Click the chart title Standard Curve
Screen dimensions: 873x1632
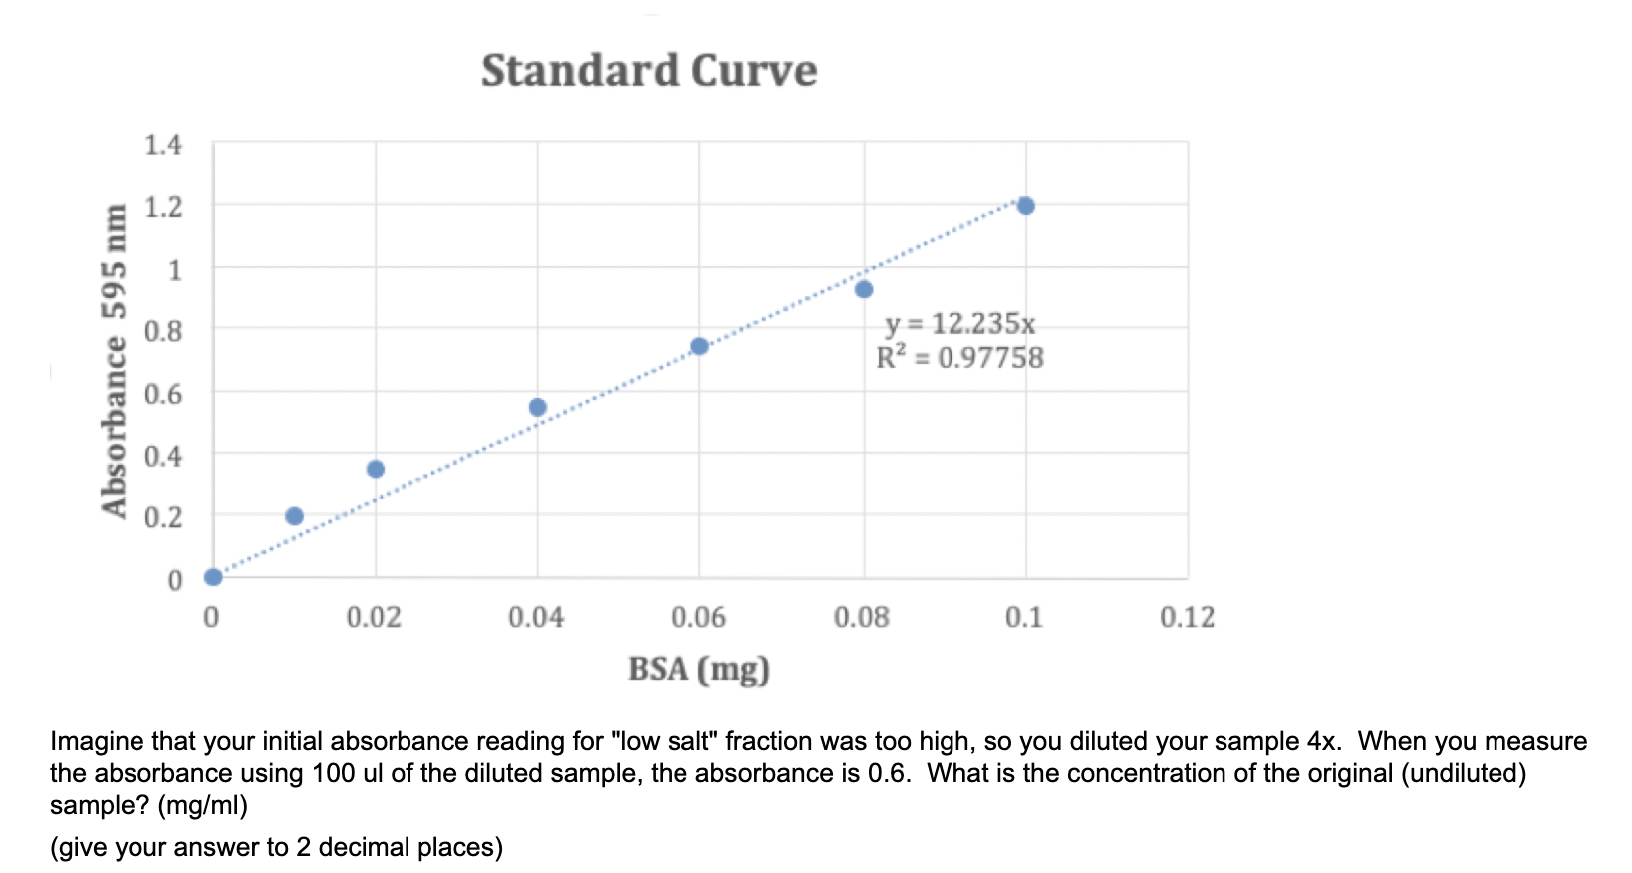[649, 71]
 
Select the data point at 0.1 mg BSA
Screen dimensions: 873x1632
[1025, 206]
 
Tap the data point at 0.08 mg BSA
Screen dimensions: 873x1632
[864, 289]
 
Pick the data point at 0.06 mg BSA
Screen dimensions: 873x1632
[699, 346]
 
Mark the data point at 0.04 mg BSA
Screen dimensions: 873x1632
[538, 407]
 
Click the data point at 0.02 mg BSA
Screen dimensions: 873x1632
[376, 469]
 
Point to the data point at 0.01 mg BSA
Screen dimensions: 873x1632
[294, 516]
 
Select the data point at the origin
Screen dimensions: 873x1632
[213, 577]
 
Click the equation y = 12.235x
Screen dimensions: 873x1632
[959, 324]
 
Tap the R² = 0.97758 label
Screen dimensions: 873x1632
[959, 358]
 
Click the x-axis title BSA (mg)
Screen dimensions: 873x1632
[698, 669]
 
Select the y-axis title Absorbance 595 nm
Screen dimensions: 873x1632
[116, 361]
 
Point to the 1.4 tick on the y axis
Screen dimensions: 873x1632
[163, 145]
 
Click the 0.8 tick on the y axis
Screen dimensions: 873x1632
[163, 331]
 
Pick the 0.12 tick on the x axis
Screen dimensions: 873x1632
[1187, 618]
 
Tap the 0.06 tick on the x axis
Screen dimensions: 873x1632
[698, 618]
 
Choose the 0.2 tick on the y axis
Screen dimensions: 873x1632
[163, 517]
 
